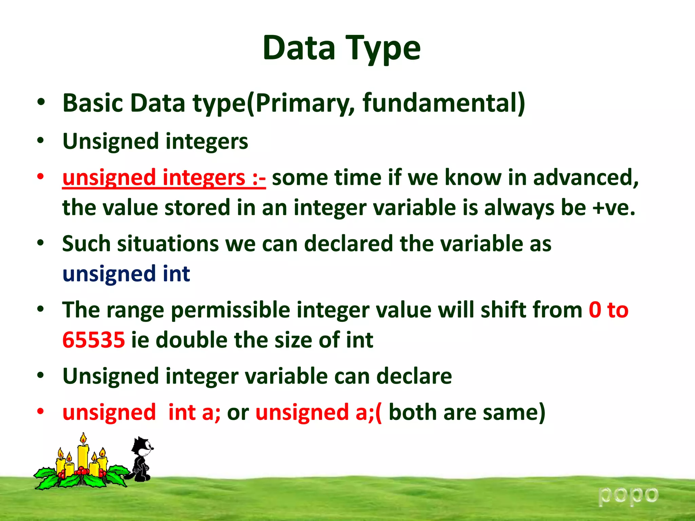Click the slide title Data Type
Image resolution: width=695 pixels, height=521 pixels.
point(341,48)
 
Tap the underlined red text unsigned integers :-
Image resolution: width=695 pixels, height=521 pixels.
point(164,178)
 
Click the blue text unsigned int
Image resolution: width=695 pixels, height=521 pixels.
point(126,274)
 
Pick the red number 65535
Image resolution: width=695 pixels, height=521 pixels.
point(94,340)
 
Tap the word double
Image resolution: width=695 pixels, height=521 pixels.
point(191,340)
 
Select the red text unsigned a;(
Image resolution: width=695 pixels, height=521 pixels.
point(318,412)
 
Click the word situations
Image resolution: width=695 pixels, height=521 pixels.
point(168,244)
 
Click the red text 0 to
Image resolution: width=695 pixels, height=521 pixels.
point(608,310)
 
